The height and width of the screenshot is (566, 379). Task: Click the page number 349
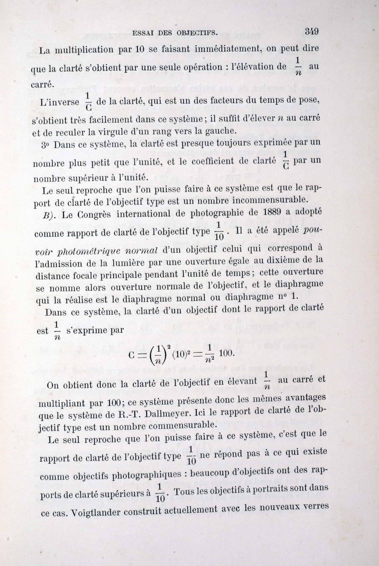[x=312, y=31]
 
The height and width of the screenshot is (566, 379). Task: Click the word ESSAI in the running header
[x=142, y=32]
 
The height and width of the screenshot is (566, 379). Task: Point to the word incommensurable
[x=267, y=198]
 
